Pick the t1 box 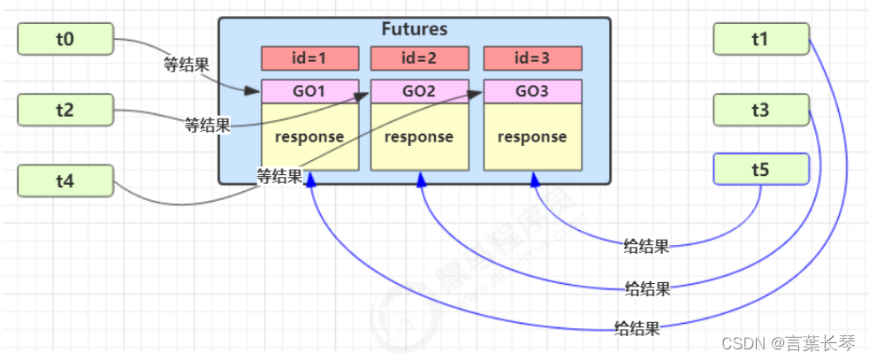(x=761, y=38)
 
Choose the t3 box (x=761, y=110)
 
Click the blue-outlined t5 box (x=761, y=169)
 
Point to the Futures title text (x=414, y=29)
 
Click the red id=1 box (x=309, y=58)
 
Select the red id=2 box (x=419, y=58)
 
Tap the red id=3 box (x=532, y=58)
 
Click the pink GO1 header (x=309, y=91)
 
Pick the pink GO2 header (x=419, y=91)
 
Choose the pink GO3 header (x=532, y=91)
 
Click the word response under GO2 (x=419, y=137)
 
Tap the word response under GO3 (x=532, y=137)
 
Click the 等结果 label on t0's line (x=186, y=64)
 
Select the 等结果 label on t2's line (x=207, y=126)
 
